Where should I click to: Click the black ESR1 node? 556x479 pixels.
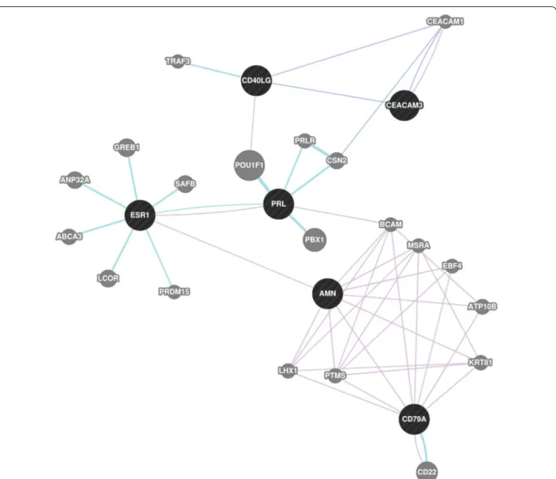[140, 215]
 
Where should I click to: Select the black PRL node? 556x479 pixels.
[278, 204]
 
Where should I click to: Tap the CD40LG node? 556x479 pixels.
[257, 81]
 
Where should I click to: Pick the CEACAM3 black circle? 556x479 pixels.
[404, 105]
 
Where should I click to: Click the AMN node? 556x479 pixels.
[328, 294]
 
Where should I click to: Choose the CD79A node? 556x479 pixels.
[414, 419]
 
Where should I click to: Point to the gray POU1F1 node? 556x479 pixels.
[249, 165]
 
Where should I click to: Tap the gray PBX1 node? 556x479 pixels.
[315, 239]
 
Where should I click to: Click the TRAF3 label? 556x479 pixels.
[178, 61]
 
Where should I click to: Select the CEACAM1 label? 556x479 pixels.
[445, 22]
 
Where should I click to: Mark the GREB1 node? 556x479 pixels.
[126, 147]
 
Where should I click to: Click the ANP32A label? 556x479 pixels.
[74, 180]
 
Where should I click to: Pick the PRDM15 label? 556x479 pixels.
[174, 291]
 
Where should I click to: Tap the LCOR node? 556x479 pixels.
[108, 278]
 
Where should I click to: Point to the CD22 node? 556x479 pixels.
[427, 471]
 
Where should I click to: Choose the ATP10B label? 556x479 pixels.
[482, 306]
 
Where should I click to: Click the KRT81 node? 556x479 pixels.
[481, 363]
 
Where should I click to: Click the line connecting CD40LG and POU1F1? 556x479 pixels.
[253, 123]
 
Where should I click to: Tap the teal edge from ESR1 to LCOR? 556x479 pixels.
[123, 250]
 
